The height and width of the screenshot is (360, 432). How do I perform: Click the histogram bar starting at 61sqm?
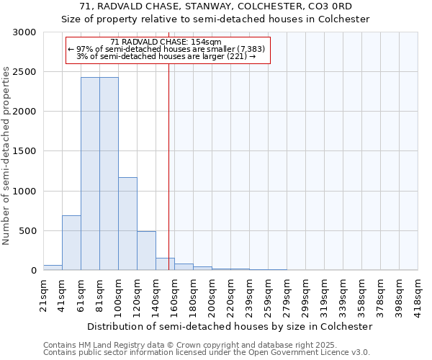coord(90,174)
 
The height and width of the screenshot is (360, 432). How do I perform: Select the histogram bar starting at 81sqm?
coord(109,174)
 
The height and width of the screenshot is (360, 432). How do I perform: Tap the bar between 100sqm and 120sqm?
coord(127,223)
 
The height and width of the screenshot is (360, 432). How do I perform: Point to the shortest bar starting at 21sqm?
coord(53,268)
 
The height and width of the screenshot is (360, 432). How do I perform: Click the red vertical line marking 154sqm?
coord(168,158)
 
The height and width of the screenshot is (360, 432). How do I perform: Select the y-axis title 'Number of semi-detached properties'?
coord(7,156)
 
